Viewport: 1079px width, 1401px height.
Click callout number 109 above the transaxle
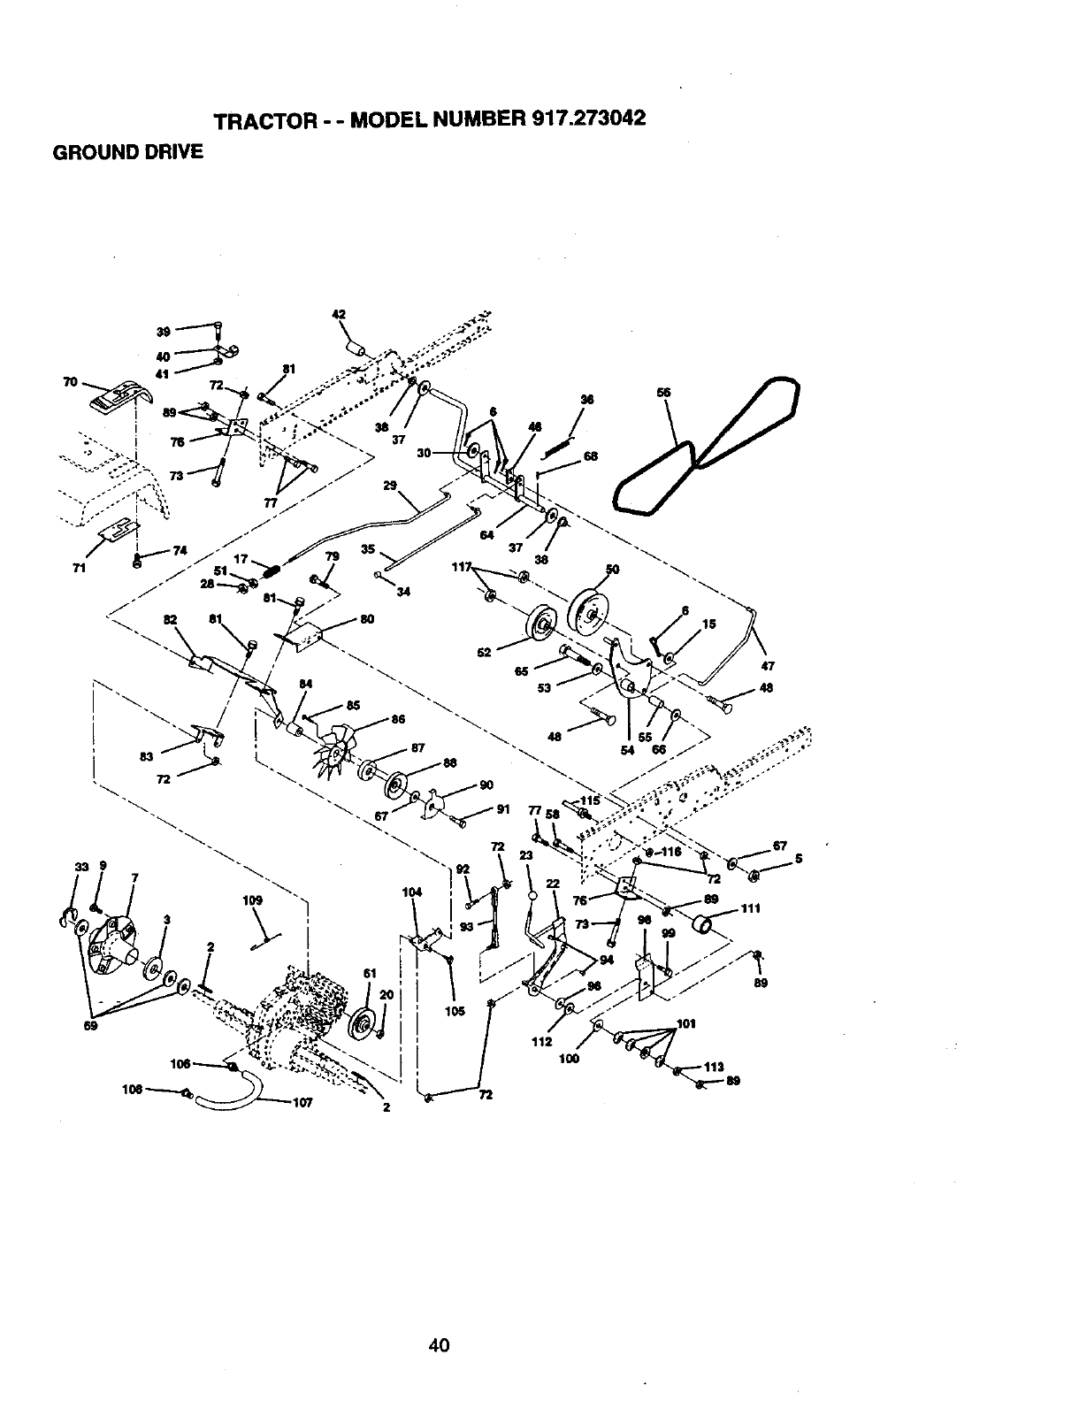pyautogui.click(x=253, y=900)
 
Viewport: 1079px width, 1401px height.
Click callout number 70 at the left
pyautogui.click(x=69, y=382)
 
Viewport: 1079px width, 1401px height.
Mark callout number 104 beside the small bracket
pyautogui.click(x=411, y=892)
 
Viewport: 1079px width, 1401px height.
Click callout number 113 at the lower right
pyautogui.click(x=714, y=1066)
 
